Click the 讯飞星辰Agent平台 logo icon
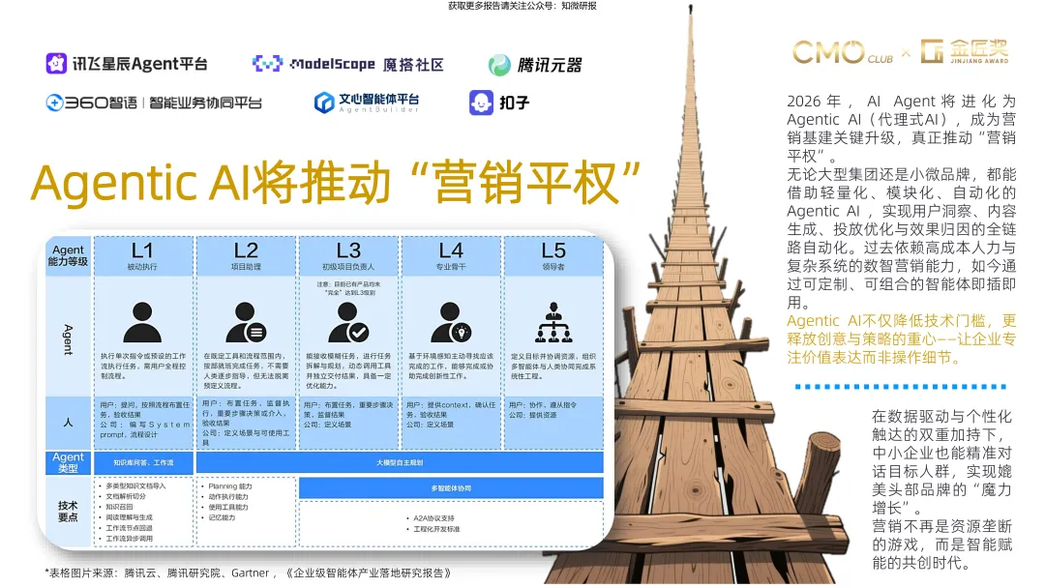[x=56, y=64]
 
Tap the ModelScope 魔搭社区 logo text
[x=347, y=64]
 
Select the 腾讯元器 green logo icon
[x=499, y=65]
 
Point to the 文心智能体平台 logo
[x=367, y=102]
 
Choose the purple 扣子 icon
[x=481, y=102]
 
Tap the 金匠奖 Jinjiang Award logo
[x=965, y=51]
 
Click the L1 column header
[x=142, y=255]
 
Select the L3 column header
[x=348, y=255]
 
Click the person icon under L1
[x=142, y=322]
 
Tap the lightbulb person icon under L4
[x=451, y=322]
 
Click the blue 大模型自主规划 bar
[x=400, y=462]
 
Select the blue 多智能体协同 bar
[x=450, y=488]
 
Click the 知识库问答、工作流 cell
[x=143, y=462]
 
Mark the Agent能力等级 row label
[x=69, y=255]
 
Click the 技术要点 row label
[x=69, y=511]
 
